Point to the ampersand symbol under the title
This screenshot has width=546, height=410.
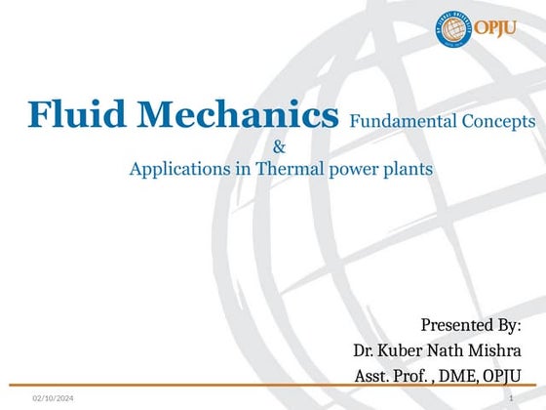[280, 147]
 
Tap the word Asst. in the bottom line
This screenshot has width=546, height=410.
[375, 376]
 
